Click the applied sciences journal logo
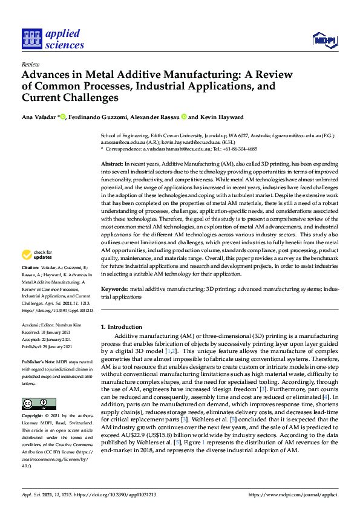click(x=53, y=39)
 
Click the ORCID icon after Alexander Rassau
click(x=184, y=117)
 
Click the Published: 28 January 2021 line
click(x=47, y=346)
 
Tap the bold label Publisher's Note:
click(x=37, y=361)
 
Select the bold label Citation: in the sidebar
click(x=31, y=284)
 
